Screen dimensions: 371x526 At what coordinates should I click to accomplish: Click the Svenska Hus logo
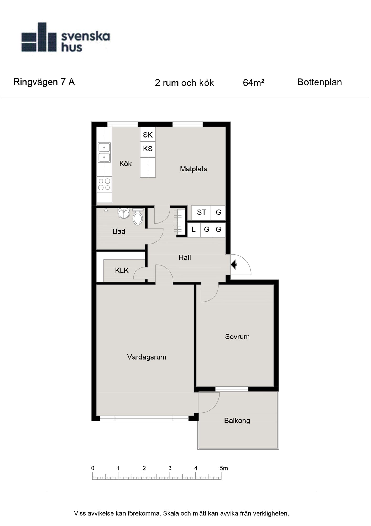pos(65,37)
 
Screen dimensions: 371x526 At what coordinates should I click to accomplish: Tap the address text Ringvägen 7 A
pos(44,82)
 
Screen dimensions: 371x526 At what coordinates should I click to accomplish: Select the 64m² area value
pos(253,83)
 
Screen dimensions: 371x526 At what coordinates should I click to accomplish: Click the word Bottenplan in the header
pos(320,82)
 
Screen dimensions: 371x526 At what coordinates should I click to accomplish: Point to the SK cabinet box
pos(148,135)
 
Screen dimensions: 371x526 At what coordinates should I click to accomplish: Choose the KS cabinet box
pos(148,149)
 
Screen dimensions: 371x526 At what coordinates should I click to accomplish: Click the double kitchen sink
pos(104,152)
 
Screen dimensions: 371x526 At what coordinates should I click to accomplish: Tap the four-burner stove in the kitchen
pos(104,184)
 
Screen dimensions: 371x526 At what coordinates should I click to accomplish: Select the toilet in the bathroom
pos(138,216)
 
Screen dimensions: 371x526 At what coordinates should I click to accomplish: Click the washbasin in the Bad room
pos(124,213)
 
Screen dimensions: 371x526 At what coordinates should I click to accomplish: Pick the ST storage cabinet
pos(201,213)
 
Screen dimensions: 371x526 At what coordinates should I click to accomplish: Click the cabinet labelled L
pos(194,230)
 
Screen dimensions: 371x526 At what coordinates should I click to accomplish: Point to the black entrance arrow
pos(234,264)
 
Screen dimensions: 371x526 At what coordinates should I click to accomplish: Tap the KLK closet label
pos(122,270)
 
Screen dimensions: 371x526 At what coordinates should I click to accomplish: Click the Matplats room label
pos(194,169)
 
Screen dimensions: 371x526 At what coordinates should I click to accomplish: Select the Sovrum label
pos(237,337)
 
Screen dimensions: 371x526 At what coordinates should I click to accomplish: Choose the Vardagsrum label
pos(147,357)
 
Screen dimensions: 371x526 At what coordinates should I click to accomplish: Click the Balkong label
pos(237,421)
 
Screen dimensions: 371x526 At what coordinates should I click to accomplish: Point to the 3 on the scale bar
pos(170,468)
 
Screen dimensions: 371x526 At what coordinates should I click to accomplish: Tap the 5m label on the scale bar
pos(224,468)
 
